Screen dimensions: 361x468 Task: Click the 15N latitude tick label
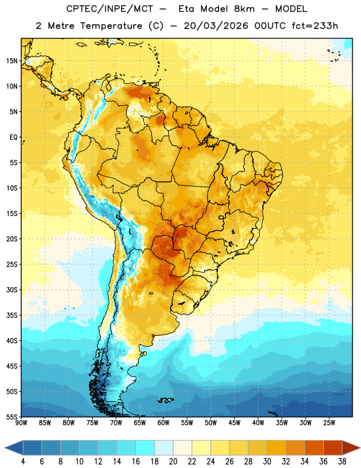coord(12,61)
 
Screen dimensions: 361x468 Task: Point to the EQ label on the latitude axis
coord(13,137)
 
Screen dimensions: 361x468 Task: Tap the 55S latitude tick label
coord(12,417)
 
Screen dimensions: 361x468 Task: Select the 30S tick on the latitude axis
coord(12,290)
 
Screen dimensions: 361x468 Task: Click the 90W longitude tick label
coord(21,423)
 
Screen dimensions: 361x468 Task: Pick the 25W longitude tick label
coord(329,423)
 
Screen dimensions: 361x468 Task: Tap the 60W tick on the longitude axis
coord(164,423)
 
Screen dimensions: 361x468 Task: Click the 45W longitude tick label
coord(234,423)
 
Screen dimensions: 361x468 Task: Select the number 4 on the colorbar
coord(23,462)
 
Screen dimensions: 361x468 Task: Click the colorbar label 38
coord(342,462)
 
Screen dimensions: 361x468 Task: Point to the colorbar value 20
coord(173,462)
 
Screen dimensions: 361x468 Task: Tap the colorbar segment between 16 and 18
coord(145,448)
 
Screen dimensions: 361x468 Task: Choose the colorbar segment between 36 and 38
coord(333,448)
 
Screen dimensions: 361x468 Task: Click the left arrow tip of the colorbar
coord(5,448)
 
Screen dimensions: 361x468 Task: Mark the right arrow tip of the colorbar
coord(360,448)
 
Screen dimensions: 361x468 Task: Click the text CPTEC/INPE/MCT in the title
coord(109,9)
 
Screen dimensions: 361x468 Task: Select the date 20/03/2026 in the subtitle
coord(216,26)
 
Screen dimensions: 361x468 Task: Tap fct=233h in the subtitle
coord(315,26)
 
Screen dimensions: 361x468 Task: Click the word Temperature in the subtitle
coord(111,26)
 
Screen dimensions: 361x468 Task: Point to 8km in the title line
coord(244,9)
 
